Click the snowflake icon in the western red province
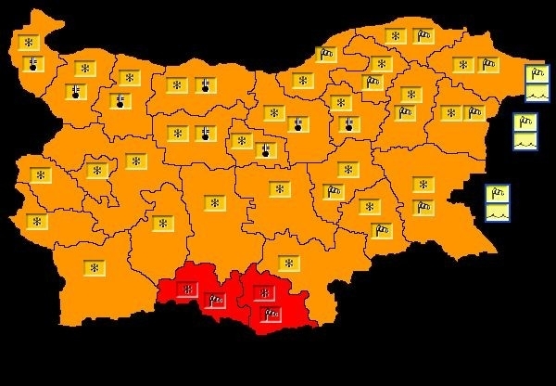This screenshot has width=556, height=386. [188, 289]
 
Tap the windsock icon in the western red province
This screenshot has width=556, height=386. [216, 299]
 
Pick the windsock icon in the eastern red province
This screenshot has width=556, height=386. [271, 314]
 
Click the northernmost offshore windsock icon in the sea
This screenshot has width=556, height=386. [537, 74]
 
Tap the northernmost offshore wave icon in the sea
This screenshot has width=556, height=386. [537, 92]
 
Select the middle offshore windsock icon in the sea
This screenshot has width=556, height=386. [525, 122]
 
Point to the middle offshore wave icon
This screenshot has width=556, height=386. [525, 140]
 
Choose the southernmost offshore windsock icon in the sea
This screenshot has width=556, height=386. [498, 194]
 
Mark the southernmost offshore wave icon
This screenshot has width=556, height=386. [498, 212]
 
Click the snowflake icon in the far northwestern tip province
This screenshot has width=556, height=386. [29, 43]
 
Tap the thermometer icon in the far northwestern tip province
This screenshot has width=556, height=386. [33, 63]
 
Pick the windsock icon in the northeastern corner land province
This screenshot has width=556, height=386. [487, 64]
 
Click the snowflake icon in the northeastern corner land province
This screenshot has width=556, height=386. [462, 64]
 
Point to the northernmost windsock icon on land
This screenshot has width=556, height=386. [423, 36]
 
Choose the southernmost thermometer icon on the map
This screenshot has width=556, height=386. [265, 148]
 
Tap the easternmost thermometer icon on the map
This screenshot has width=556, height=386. [349, 122]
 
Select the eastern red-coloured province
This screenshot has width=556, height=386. [278, 299]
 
